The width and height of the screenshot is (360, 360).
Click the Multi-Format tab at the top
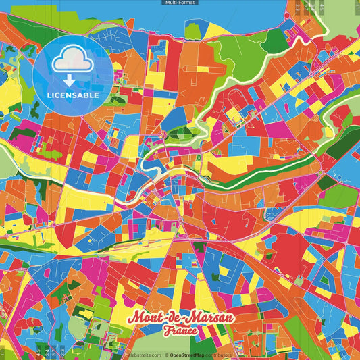point(180,3)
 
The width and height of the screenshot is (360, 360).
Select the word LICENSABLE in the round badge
point(73,95)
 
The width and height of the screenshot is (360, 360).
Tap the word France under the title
point(180,331)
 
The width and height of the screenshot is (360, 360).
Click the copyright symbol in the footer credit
point(165,355)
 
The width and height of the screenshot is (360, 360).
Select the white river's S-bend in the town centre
point(145,186)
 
